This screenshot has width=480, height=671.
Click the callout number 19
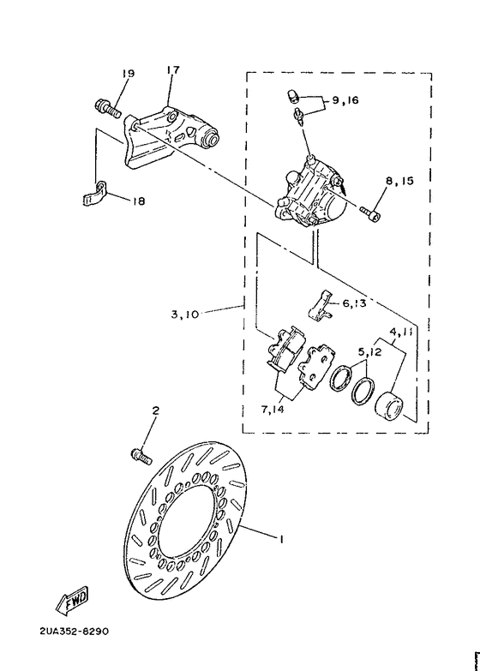[128, 75]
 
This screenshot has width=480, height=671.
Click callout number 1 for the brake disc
[279, 539]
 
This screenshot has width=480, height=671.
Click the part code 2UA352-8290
[75, 632]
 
